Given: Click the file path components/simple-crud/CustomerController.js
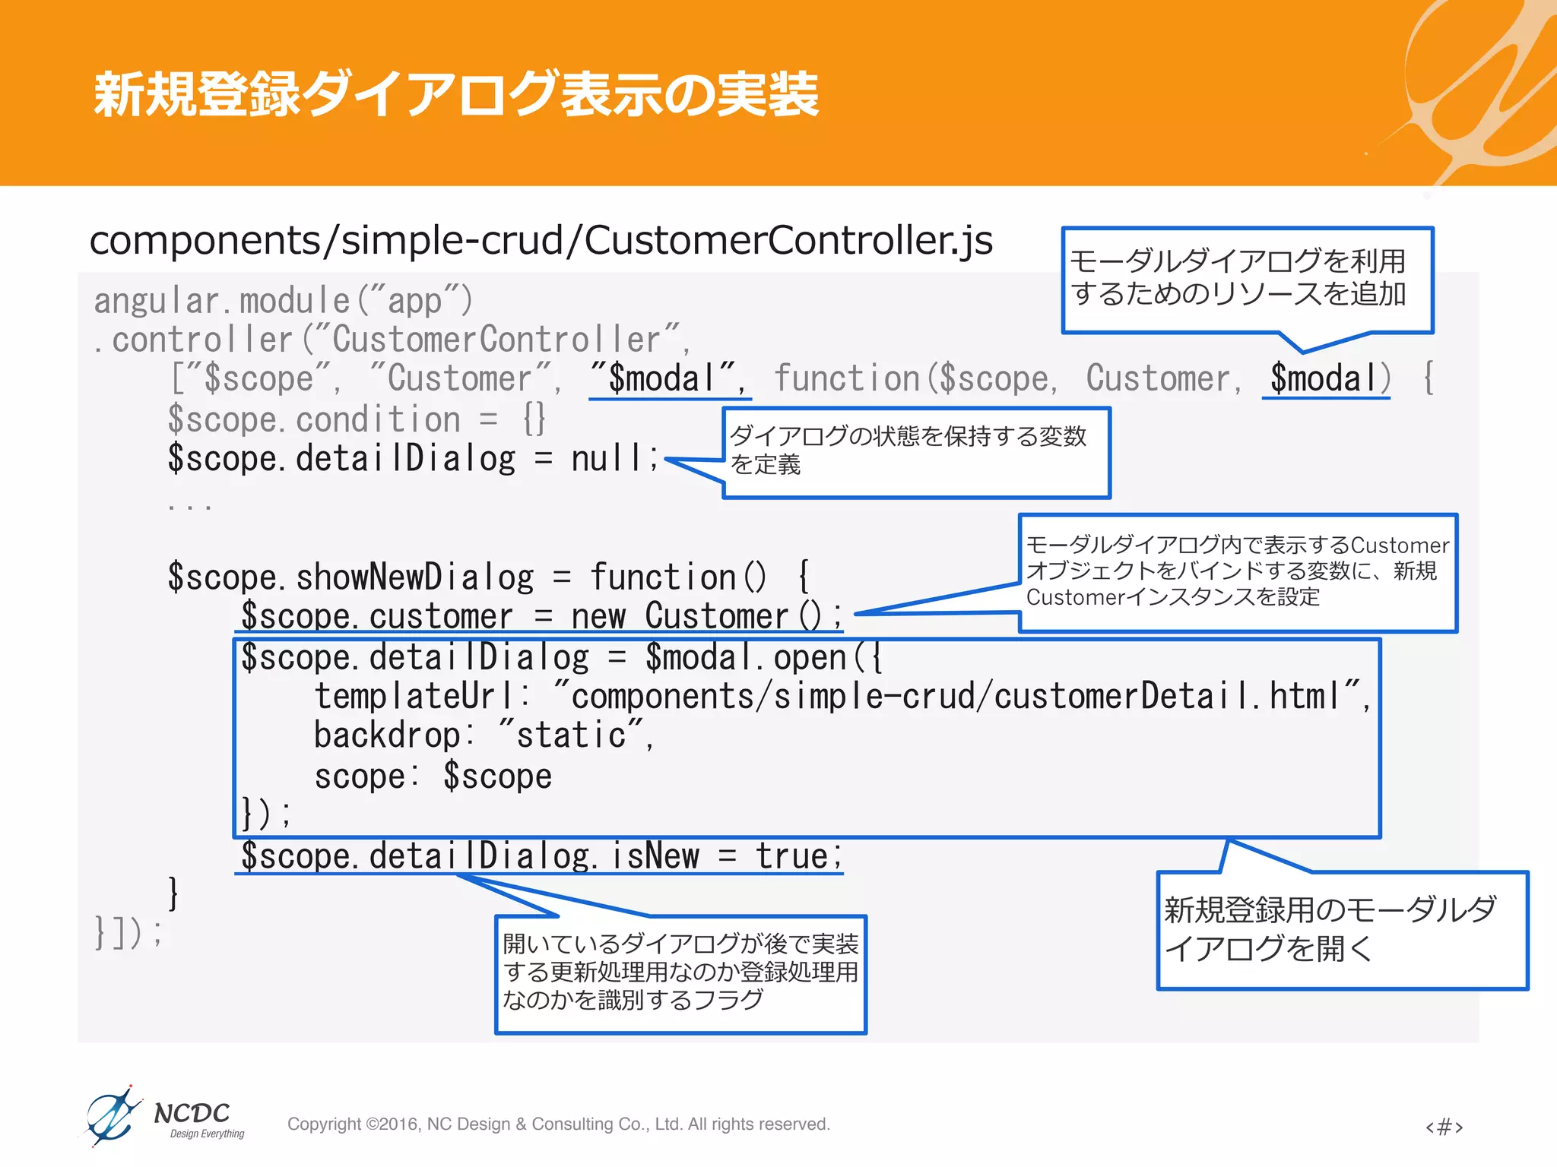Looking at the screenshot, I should [x=541, y=241].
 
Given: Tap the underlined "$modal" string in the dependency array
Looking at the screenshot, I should [x=669, y=378].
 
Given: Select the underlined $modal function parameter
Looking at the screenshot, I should [x=1324, y=378].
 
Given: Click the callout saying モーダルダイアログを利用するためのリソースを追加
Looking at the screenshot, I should [x=1247, y=279].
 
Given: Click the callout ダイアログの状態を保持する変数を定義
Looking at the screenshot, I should [x=915, y=451].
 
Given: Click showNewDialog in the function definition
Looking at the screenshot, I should [x=414, y=577].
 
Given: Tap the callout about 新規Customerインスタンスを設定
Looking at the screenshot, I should [x=1237, y=571].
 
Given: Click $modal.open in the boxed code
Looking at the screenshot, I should [x=745, y=657].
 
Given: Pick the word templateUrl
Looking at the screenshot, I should [x=414, y=697].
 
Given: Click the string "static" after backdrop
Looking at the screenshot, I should [x=572, y=735].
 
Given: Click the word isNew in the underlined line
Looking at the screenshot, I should [x=655, y=856].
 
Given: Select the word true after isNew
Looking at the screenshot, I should [x=792, y=856].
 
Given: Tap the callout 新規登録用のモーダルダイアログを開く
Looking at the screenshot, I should [x=1342, y=929].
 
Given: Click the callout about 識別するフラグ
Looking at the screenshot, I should [x=680, y=973].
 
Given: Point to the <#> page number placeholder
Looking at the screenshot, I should [x=1444, y=1126].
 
